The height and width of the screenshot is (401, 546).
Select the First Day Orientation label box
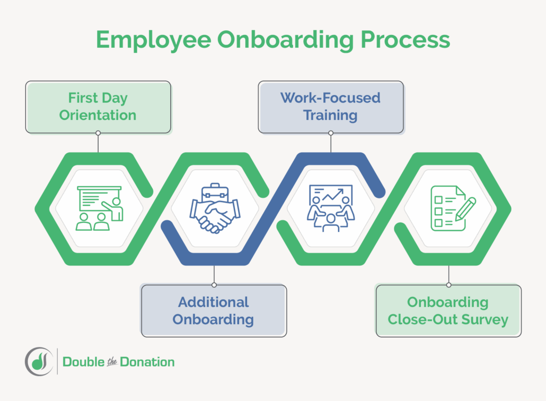(98, 107)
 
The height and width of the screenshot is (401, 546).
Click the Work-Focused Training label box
(331, 107)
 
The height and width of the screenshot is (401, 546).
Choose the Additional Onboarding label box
(214, 310)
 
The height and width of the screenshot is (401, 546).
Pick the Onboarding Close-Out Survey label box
(448, 310)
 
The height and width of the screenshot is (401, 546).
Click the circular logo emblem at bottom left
(38, 362)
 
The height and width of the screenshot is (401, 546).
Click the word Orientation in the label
(98, 115)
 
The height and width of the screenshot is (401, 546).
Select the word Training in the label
(331, 115)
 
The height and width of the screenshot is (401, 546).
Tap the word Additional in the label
(214, 302)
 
